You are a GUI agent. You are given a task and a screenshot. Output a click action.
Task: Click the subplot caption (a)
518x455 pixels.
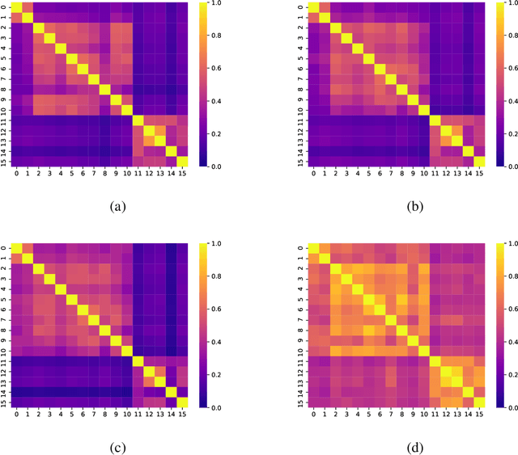pyautogui.click(x=117, y=207)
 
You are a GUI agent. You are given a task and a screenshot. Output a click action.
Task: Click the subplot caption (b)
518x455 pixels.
pyautogui.click(x=415, y=207)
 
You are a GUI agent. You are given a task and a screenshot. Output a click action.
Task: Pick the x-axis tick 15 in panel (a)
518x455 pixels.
pyautogui.click(x=182, y=174)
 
